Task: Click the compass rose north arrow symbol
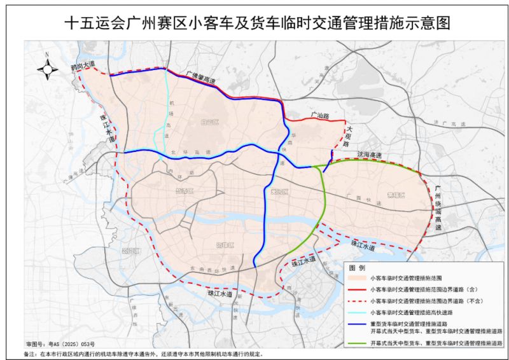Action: pyautogui.click(x=46, y=67)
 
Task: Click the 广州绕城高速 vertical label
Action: pyautogui.click(x=438, y=207)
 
